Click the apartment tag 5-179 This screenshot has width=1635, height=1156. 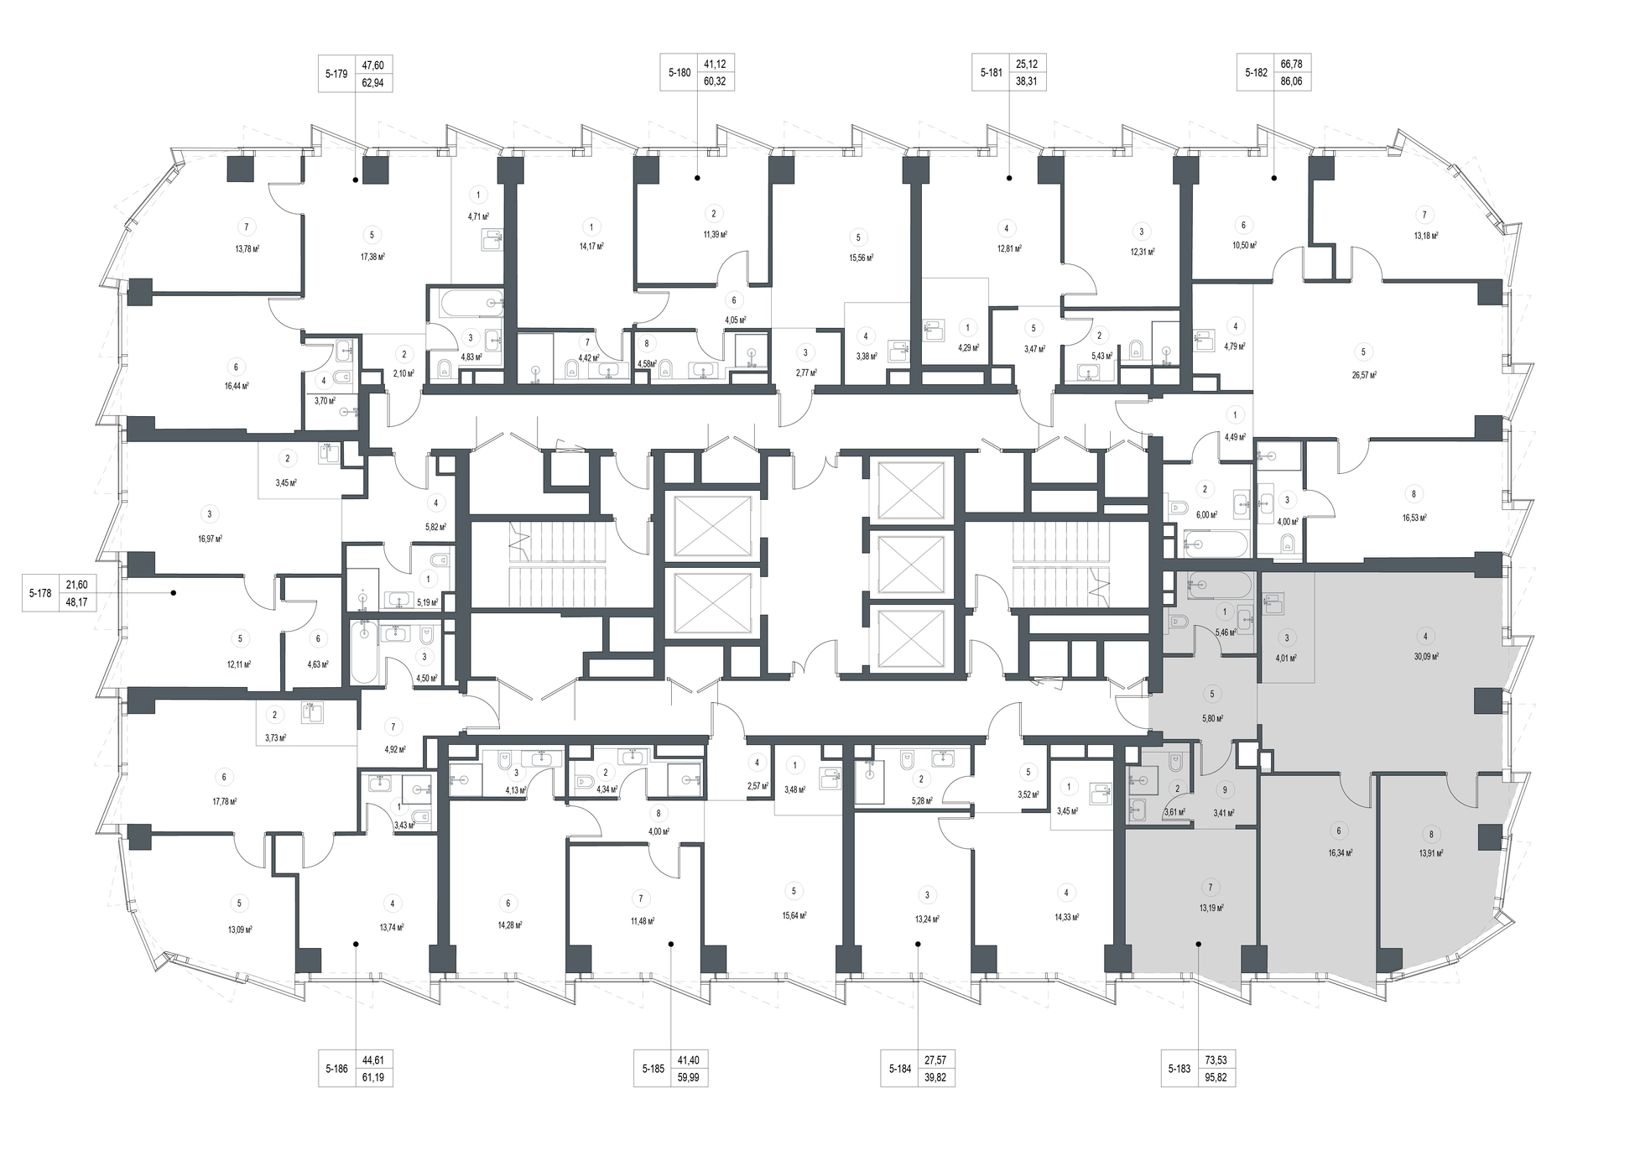336,74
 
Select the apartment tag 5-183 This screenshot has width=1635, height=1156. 1179,1069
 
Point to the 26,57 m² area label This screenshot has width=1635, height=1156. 1364,375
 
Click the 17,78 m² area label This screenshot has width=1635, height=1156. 224,800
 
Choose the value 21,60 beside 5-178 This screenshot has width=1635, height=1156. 77,584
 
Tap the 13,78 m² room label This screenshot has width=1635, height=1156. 247,248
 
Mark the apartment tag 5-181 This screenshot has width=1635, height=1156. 992,73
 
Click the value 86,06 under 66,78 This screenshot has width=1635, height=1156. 1291,82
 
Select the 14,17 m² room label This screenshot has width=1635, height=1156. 592,247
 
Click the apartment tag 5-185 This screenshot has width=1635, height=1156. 653,1069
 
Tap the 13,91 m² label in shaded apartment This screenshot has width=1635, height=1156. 1431,853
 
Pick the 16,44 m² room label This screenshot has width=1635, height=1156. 237,386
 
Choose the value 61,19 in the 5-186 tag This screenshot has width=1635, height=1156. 372,1078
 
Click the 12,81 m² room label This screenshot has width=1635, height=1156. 1005,248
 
